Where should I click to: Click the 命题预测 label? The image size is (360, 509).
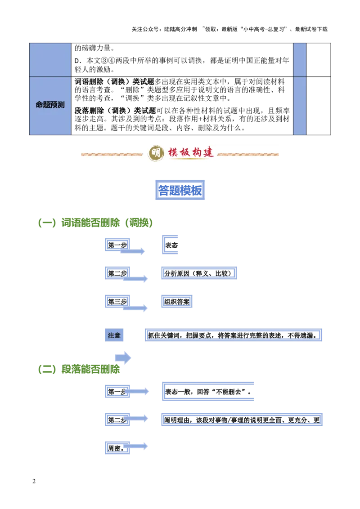[x=50, y=105]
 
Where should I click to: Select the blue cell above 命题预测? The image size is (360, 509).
[x=50, y=59]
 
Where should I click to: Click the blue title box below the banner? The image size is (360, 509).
[x=180, y=189]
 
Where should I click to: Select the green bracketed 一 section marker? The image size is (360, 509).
[x=46, y=223]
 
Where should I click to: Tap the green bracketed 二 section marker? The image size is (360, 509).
[x=46, y=370]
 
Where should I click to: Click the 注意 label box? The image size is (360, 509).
[x=115, y=335]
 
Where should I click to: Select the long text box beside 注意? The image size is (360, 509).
[x=234, y=335]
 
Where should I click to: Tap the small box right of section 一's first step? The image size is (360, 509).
[x=171, y=245]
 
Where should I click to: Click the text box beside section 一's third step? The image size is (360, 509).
[x=176, y=301]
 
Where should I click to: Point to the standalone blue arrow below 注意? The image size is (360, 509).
[x=123, y=357]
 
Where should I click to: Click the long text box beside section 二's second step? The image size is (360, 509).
[x=241, y=419]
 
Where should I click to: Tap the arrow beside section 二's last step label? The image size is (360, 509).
[x=136, y=446]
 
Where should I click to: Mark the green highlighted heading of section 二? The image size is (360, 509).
[x=91, y=369]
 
